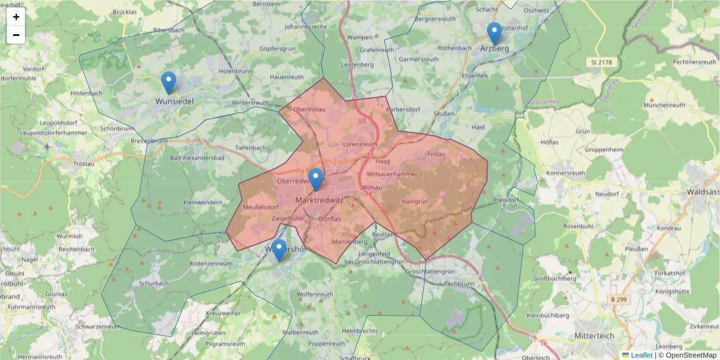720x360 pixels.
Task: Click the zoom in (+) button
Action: pyautogui.click(x=16, y=17)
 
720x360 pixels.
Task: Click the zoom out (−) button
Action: pyautogui.click(x=16, y=35)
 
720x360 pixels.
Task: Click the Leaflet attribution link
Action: pyautogui.click(x=641, y=355)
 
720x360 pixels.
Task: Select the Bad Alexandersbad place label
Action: pyautogui.click(x=197, y=158)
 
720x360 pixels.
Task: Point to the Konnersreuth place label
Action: pyautogui.click(x=565, y=173)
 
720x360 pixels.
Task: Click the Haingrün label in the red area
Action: pyautogui.click(x=415, y=202)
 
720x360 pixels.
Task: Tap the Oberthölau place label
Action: pyautogui.click(x=310, y=109)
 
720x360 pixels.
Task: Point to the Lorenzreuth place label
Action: pyautogui.click(x=360, y=145)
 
